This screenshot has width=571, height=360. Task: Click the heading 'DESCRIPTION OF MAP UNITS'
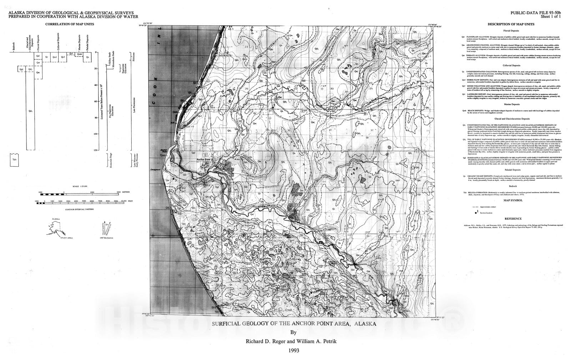[x=511, y=24]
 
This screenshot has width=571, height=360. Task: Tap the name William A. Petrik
[x=315, y=341]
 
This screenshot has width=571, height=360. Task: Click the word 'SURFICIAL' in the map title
[x=227, y=324]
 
